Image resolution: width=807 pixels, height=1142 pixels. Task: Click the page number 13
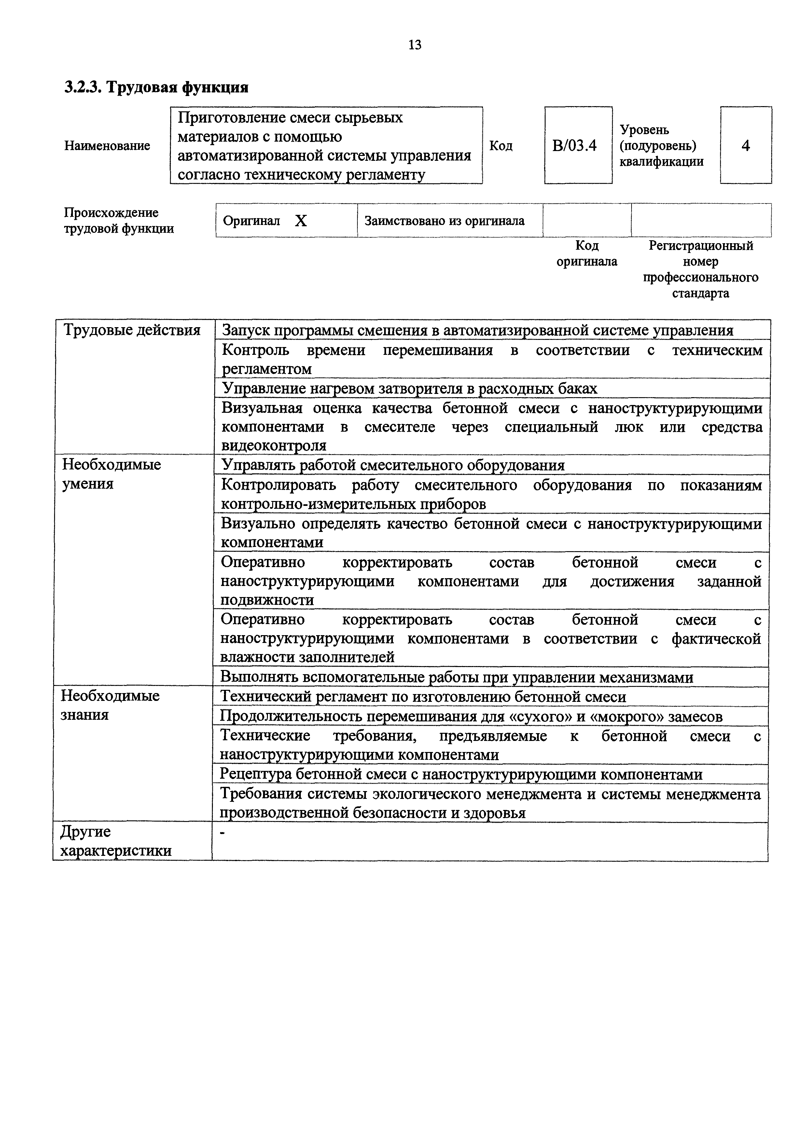tap(415, 45)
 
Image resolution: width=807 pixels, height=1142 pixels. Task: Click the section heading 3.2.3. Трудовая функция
tap(156, 88)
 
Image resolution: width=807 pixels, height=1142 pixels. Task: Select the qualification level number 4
tap(745, 146)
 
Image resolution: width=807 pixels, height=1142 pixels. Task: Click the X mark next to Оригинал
tap(301, 221)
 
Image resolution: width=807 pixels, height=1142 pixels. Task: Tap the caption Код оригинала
tap(587, 254)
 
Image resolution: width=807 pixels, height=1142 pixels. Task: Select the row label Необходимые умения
tap(111, 474)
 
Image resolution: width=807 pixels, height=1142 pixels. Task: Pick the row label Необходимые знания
tap(110, 705)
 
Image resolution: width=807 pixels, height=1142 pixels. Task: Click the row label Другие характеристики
tap(115, 841)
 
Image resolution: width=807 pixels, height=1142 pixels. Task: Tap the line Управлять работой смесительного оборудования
tap(393, 465)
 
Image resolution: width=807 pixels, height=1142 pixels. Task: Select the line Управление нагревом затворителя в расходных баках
tap(409, 388)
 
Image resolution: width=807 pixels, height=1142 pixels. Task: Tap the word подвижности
tap(267, 600)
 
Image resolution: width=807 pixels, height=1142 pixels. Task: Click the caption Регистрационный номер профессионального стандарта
tap(701, 269)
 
